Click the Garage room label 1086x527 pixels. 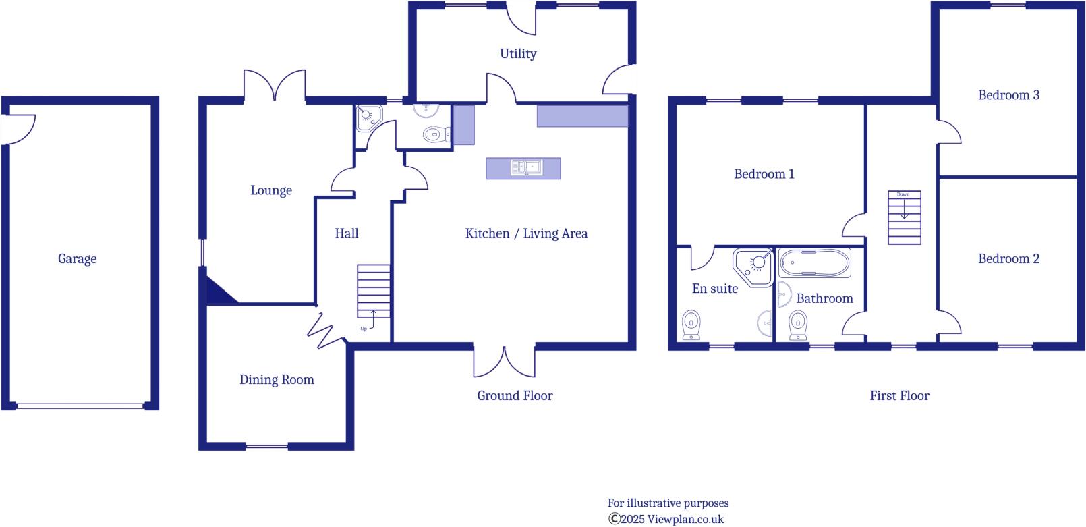click(77, 259)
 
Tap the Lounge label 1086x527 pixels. click(271, 191)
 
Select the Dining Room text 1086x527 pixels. click(277, 380)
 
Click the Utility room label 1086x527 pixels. click(518, 54)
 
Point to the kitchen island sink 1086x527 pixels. click(526, 167)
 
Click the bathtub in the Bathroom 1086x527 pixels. click(815, 263)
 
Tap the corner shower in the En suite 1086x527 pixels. click(754, 266)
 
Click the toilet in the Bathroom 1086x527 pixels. click(798, 325)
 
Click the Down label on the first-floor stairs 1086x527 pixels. click(903, 194)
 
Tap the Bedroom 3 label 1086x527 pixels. click(1008, 95)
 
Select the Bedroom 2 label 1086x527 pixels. click(1008, 259)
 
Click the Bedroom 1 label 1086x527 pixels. click(764, 174)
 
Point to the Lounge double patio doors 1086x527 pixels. click(275, 84)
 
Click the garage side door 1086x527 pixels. click(19, 128)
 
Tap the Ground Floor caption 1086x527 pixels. click(515, 396)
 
